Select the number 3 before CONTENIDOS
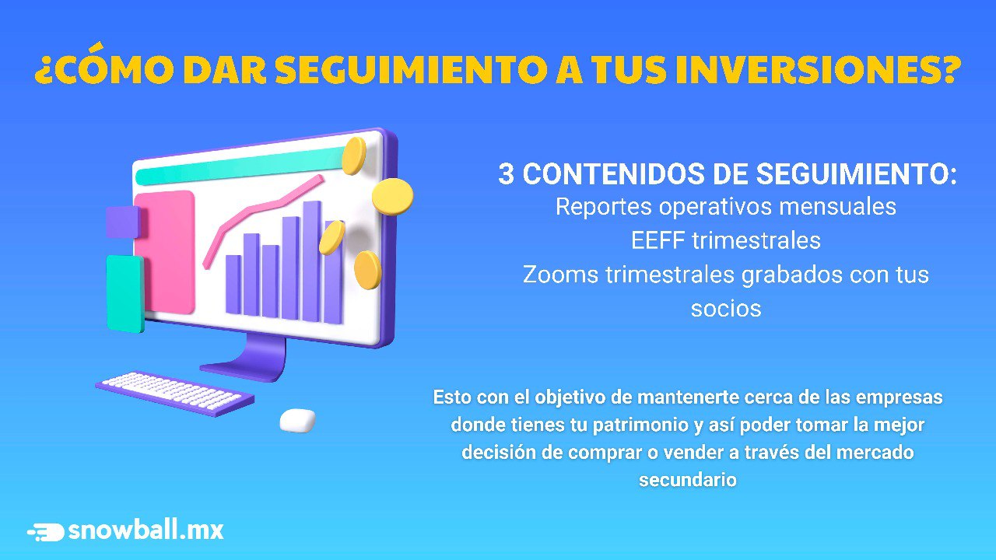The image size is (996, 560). [x=506, y=173]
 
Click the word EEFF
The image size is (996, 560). [x=658, y=240]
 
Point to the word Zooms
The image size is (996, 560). [x=560, y=275]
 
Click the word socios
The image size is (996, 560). [x=726, y=309]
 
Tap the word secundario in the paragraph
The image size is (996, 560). [x=687, y=480]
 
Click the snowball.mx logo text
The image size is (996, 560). [x=146, y=530]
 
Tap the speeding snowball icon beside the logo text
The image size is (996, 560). [x=46, y=532]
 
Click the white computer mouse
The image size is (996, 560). [x=297, y=421]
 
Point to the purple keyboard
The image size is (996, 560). [x=175, y=394]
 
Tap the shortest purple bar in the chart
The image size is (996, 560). [x=233, y=285]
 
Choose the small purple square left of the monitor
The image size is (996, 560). [x=123, y=222]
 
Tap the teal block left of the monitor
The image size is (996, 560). [x=125, y=294]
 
